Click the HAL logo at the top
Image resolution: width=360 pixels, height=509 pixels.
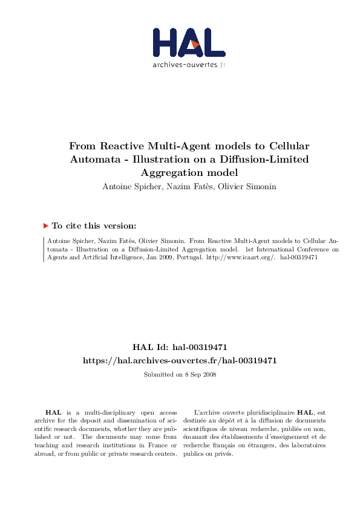click(189, 42)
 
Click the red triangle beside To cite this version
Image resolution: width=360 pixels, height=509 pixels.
click(45, 225)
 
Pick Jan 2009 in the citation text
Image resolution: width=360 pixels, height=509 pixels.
click(160, 256)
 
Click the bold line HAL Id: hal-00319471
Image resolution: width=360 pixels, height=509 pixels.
click(180, 347)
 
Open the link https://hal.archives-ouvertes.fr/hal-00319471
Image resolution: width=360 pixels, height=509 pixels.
click(180, 360)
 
